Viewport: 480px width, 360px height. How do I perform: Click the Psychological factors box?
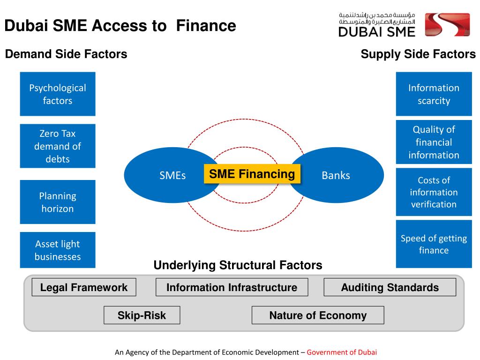click(x=58, y=94)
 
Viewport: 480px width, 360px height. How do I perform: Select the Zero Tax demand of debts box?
click(x=58, y=146)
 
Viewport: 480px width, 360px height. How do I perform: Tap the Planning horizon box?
click(x=58, y=202)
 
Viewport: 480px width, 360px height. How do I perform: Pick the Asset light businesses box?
click(x=58, y=250)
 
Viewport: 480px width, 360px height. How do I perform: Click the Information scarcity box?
click(x=434, y=94)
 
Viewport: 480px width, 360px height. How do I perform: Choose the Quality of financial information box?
click(x=434, y=142)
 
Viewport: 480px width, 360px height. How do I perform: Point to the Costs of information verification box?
click(x=434, y=192)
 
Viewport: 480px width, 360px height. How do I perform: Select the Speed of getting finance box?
click(x=434, y=244)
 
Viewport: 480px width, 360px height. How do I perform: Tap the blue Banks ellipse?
click(x=342, y=175)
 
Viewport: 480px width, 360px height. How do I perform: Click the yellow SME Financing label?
click(x=252, y=174)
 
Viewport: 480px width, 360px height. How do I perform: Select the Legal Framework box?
click(x=84, y=287)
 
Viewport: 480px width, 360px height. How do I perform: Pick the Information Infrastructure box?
click(x=232, y=287)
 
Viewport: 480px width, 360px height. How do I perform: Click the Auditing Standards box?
click(x=390, y=287)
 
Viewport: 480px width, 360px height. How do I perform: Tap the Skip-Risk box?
click(x=142, y=315)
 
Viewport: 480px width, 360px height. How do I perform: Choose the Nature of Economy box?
click(x=318, y=315)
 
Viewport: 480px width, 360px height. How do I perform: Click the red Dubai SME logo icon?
click(x=447, y=25)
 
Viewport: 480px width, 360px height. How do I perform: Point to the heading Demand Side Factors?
click(x=66, y=54)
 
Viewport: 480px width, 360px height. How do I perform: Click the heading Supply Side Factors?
click(x=418, y=54)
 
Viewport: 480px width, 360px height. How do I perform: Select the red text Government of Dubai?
click(x=342, y=352)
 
